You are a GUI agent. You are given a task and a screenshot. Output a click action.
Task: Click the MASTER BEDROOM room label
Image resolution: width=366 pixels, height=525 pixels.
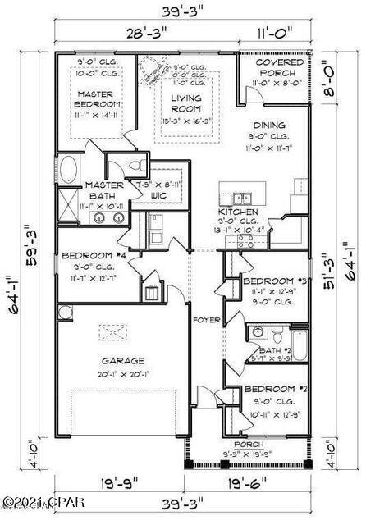[x=99, y=99]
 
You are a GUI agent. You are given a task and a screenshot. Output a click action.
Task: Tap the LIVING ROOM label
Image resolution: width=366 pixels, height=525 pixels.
[x=186, y=103]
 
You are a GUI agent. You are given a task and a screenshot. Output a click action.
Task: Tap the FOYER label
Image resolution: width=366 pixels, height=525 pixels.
[x=204, y=319]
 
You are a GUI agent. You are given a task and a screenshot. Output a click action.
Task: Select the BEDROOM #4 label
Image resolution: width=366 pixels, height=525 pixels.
[x=92, y=255]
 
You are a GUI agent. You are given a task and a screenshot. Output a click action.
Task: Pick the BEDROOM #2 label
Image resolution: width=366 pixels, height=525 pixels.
[x=273, y=389]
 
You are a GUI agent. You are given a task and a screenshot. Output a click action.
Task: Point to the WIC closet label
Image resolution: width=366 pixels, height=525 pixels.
[x=158, y=197]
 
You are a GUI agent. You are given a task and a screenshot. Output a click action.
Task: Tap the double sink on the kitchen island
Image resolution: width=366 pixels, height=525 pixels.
[x=240, y=197]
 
